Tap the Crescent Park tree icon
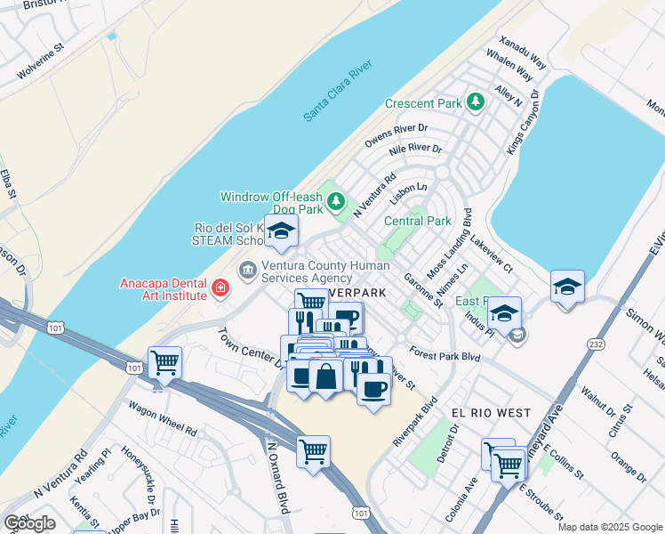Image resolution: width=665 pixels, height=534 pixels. pyautogui.click(x=476, y=101)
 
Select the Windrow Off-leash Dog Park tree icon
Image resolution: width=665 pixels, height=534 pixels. pyautogui.click(x=336, y=202)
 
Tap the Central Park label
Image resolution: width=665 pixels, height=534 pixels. pyautogui.click(x=418, y=221)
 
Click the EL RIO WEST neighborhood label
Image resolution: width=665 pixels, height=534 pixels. pyautogui.click(x=491, y=414)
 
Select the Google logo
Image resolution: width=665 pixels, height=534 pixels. pyautogui.click(x=29, y=522)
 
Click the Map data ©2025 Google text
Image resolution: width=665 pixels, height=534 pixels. pyautogui.click(x=610, y=527)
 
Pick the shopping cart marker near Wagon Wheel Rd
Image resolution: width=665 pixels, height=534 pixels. pyautogui.click(x=164, y=362)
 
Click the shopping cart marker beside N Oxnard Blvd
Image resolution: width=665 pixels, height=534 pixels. pyautogui.click(x=313, y=451)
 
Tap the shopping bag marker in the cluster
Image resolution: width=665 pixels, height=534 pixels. pyautogui.click(x=326, y=376)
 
